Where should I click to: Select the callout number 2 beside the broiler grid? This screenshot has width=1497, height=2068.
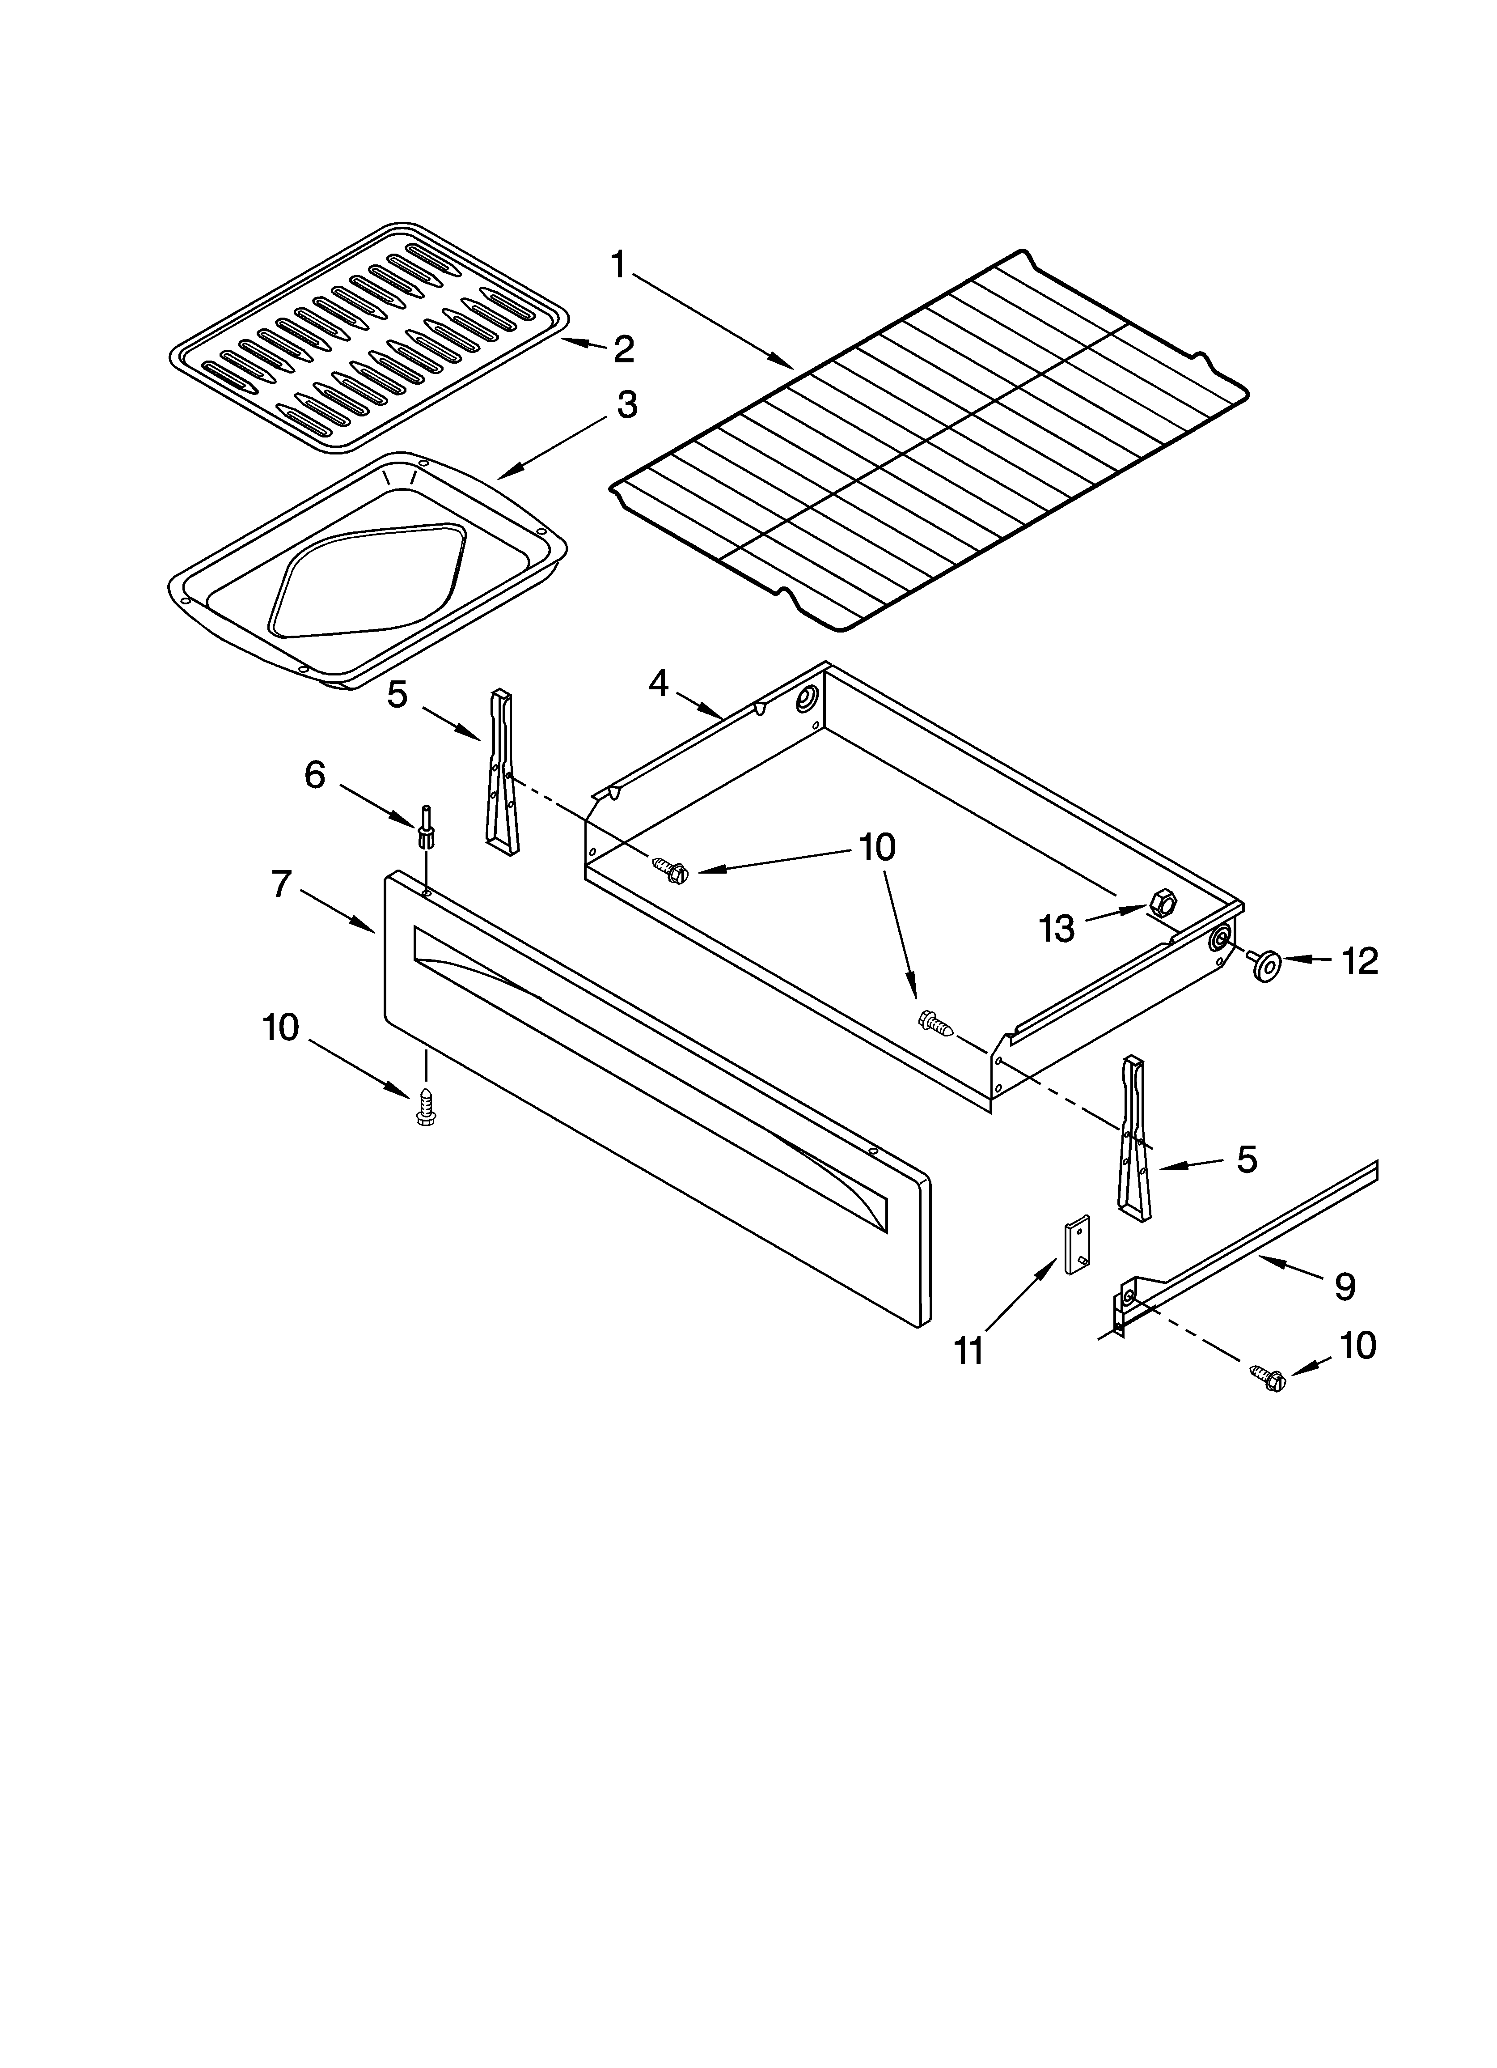pyautogui.click(x=624, y=349)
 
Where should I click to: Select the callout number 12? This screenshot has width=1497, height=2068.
pyautogui.click(x=1359, y=961)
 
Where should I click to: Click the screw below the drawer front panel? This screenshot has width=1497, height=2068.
pyautogui.click(x=424, y=1107)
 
